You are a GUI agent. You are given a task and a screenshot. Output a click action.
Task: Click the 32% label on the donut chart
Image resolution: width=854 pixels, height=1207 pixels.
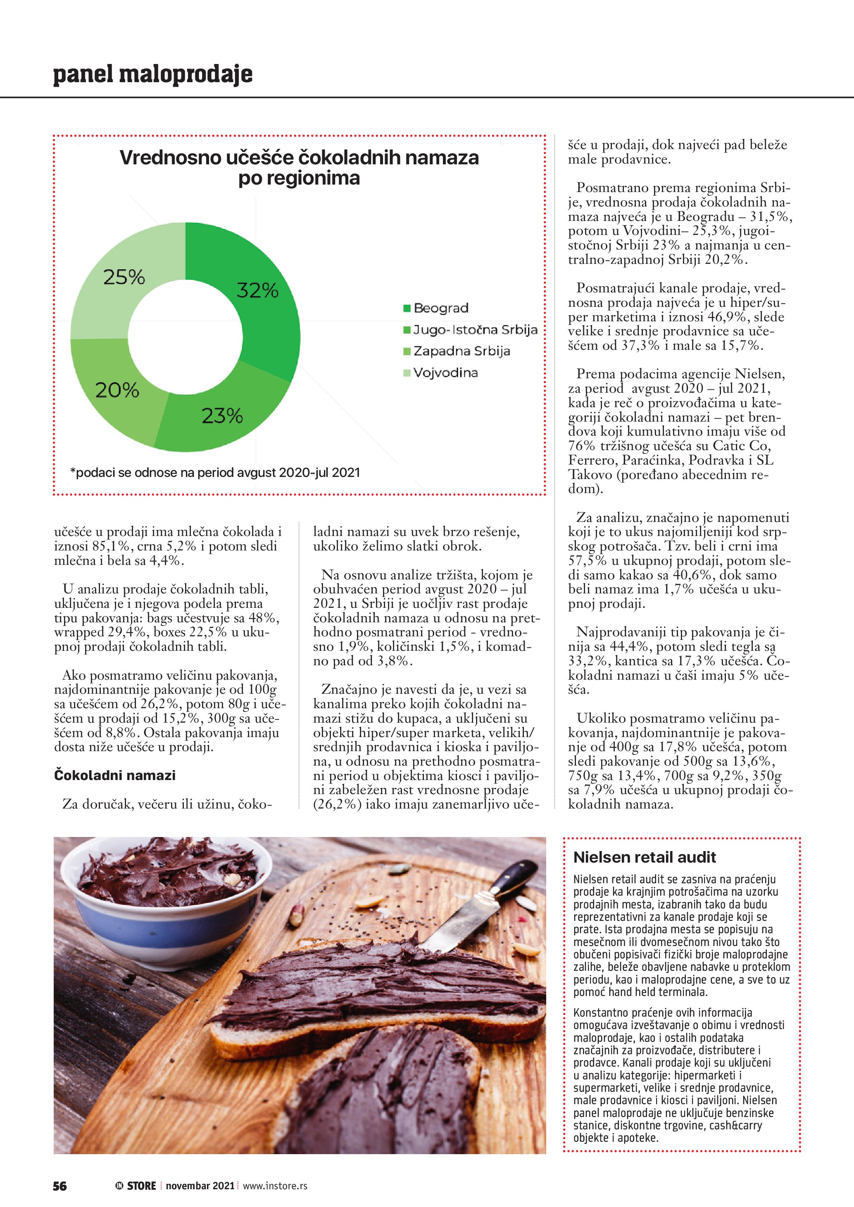pyautogui.click(x=257, y=290)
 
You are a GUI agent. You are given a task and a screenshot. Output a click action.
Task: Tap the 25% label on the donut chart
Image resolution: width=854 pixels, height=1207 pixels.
pyautogui.click(x=124, y=277)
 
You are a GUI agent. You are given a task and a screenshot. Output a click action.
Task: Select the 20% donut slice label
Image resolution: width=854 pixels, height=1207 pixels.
pyautogui.click(x=117, y=390)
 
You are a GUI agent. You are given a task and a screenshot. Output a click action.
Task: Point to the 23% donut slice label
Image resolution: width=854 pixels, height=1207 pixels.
pyautogui.click(x=222, y=416)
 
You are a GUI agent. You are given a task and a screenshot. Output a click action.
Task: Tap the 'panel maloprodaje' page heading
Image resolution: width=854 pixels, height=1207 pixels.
pyautogui.click(x=152, y=74)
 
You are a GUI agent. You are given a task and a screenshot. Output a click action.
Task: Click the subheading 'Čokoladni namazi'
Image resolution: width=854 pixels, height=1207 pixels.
pyautogui.click(x=114, y=775)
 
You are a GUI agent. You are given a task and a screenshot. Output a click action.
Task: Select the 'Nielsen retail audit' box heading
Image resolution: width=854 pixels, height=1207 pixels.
pyautogui.click(x=644, y=857)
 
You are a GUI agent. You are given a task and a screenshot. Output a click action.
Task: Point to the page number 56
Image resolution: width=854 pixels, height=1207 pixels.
pyautogui.click(x=60, y=1186)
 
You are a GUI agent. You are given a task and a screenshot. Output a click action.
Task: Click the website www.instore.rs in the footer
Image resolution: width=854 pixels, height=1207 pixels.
pyautogui.click(x=275, y=1186)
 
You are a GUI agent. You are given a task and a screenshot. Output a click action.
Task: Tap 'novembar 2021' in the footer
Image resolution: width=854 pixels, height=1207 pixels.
pyautogui.click(x=200, y=1186)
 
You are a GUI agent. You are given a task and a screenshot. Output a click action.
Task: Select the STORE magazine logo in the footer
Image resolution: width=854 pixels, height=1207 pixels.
pyautogui.click(x=136, y=1186)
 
